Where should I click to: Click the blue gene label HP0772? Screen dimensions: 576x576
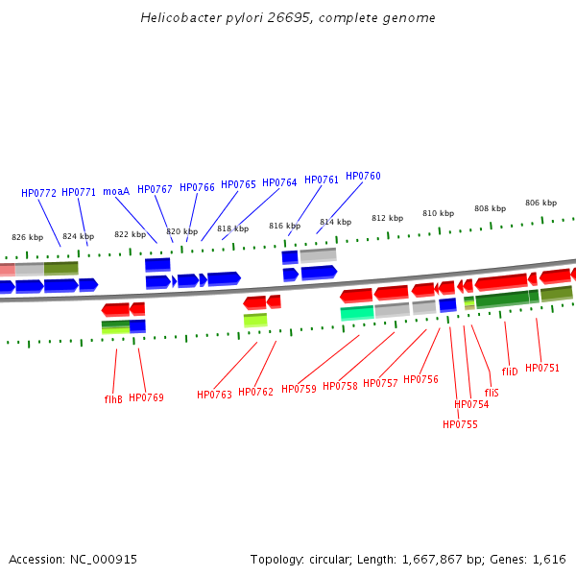39,193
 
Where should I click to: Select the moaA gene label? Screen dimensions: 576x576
116,191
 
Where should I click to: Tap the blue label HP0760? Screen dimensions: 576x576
363,177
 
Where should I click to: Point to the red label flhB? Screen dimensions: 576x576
113,398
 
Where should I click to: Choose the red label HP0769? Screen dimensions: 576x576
146,397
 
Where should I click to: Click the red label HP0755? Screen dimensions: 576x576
460,424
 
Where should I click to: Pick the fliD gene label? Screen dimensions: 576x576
510,372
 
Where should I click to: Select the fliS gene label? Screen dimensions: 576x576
492,393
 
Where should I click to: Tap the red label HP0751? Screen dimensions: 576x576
542,368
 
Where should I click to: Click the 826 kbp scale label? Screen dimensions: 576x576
27,237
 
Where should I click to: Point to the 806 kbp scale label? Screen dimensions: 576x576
540,203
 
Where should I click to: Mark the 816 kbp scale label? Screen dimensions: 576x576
284,226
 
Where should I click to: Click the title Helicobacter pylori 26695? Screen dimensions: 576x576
288,18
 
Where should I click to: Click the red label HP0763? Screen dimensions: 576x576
214,395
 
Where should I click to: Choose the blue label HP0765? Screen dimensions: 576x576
239,184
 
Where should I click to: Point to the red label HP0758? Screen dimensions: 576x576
340,386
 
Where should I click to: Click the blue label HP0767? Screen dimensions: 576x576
155,190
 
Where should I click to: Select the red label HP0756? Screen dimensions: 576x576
420,379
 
